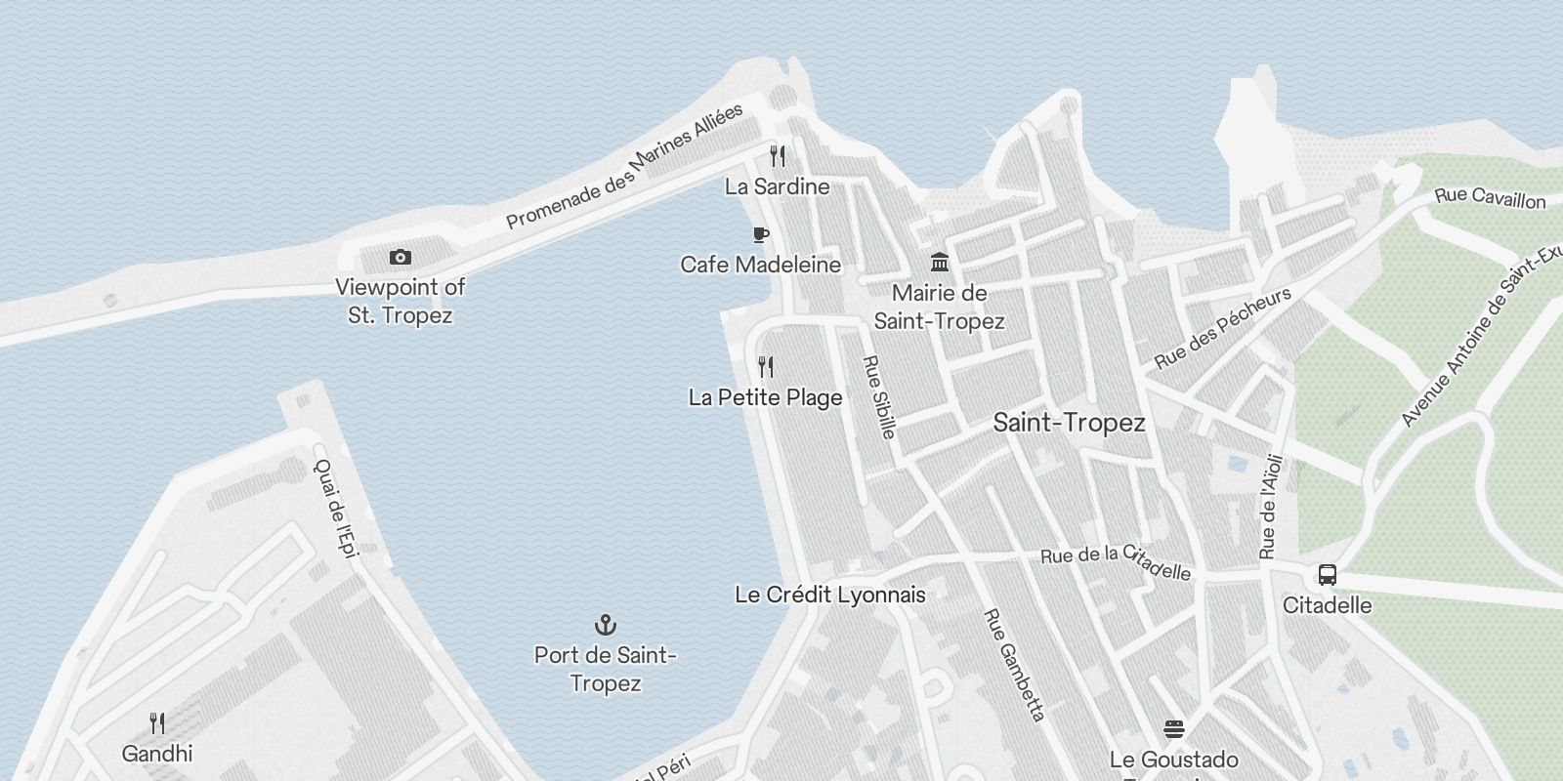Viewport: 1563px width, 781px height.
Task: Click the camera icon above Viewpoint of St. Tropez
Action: (401, 258)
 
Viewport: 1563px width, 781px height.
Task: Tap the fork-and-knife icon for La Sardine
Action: (778, 156)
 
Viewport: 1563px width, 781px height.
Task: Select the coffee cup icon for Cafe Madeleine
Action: (761, 234)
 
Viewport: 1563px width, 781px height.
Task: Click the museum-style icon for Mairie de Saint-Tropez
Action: (940, 262)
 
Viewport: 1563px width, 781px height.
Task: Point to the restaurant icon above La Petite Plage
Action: (766, 367)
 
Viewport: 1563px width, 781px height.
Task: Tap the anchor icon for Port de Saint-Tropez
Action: (606, 625)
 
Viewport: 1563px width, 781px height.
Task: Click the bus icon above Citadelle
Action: (1327, 575)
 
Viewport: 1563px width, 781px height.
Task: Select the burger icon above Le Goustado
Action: (1174, 729)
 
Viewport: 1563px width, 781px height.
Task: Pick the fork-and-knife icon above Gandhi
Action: (157, 723)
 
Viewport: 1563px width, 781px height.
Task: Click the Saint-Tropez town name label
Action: (1069, 423)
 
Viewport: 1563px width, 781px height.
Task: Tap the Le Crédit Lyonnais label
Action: (829, 595)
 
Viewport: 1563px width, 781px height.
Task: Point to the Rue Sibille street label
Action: (879, 396)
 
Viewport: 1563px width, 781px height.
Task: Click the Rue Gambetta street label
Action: (1014, 665)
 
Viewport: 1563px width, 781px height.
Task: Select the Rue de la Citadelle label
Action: (1116, 560)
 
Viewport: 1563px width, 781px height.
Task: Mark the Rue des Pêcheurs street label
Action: (1222, 328)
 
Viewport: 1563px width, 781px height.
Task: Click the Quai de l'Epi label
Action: (336, 508)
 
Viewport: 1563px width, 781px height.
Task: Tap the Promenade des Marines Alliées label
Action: (624, 166)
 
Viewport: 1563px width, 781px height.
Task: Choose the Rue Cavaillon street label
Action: (1490, 197)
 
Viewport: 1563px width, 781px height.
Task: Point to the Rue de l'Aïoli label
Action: (1270, 507)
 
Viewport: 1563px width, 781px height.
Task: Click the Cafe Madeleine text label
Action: (760, 265)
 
